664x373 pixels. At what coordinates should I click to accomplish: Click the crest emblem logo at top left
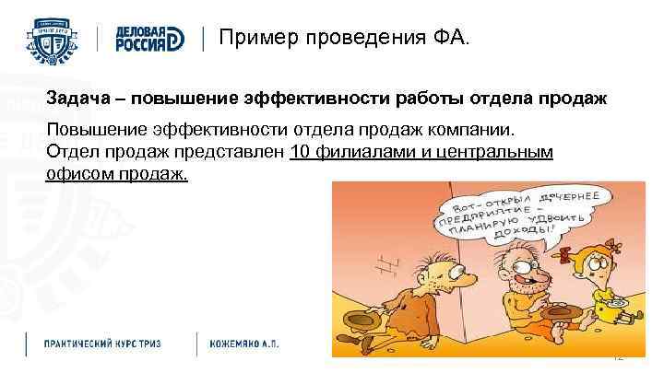[x=56, y=38]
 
